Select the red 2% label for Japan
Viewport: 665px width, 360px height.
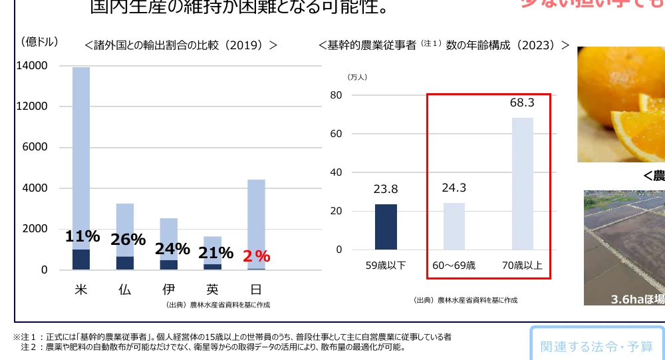click(256, 256)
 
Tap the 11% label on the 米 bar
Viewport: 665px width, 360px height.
click(82, 236)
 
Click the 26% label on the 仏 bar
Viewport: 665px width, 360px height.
click(128, 240)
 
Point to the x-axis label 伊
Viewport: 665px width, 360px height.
click(169, 290)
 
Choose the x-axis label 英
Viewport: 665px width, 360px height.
click(212, 290)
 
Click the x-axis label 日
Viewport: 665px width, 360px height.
click(255, 290)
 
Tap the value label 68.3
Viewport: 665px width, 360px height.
click(522, 102)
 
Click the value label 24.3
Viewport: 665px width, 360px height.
click(454, 188)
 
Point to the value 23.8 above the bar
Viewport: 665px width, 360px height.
click(386, 189)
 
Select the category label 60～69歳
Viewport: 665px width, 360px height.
click(454, 266)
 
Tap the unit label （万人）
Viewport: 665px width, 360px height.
click(357, 77)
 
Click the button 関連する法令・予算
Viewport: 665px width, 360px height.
click(597, 346)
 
